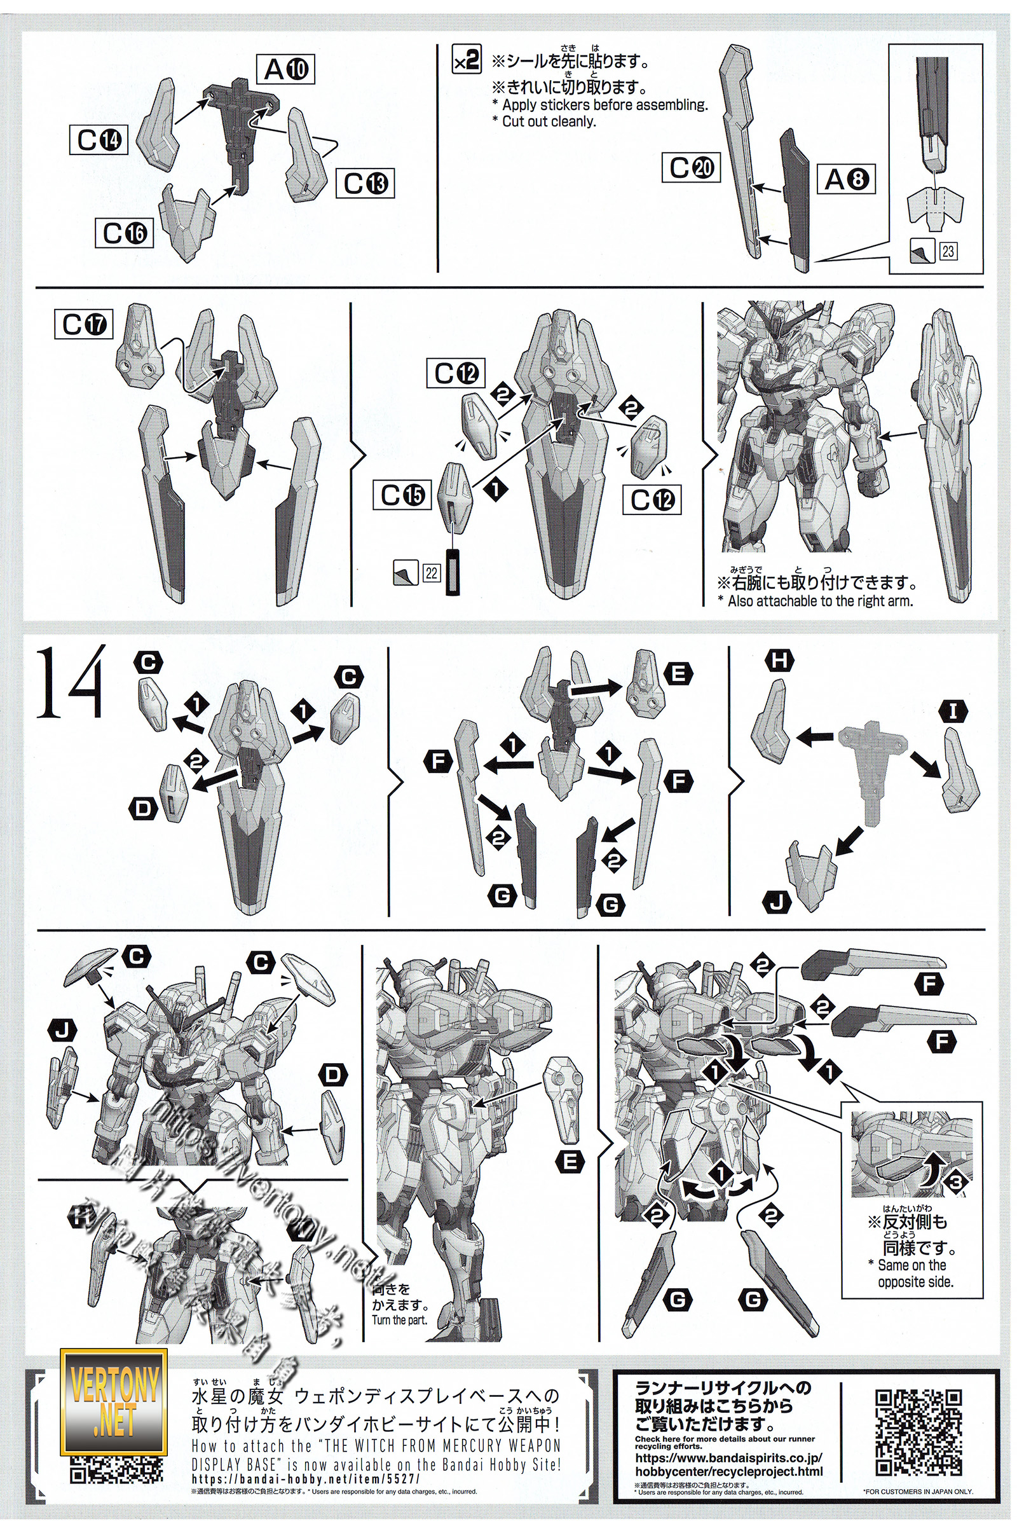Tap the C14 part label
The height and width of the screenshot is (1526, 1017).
click(99, 139)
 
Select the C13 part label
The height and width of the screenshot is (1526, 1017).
click(364, 184)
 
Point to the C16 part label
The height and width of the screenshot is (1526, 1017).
click(124, 233)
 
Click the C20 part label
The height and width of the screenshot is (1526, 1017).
click(691, 167)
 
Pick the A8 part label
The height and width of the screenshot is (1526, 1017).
click(846, 179)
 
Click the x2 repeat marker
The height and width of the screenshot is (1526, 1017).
click(467, 60)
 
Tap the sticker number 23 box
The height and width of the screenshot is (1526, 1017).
click(948, 251)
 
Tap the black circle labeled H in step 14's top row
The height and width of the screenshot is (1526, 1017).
click(779, 661)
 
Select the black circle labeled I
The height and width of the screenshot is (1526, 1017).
click(953, 711)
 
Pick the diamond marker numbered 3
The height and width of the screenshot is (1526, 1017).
click(956, 1181)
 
